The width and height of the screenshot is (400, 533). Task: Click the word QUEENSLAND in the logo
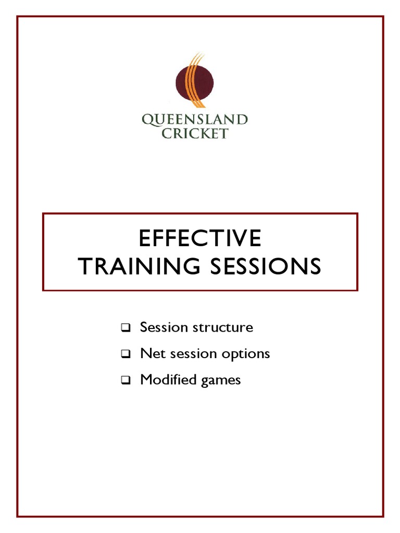pos(195,120)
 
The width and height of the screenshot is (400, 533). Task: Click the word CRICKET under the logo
pos(195,133)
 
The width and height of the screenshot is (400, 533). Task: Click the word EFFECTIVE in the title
pos(199,239)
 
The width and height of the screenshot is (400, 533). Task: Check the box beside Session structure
pos(126,328)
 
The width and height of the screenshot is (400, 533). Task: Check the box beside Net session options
pos(126,354)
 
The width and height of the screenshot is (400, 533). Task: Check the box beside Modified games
pos(126,380)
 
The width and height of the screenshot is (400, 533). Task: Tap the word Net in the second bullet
pos(149,354)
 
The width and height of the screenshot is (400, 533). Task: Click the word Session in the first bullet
pos(164,327)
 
